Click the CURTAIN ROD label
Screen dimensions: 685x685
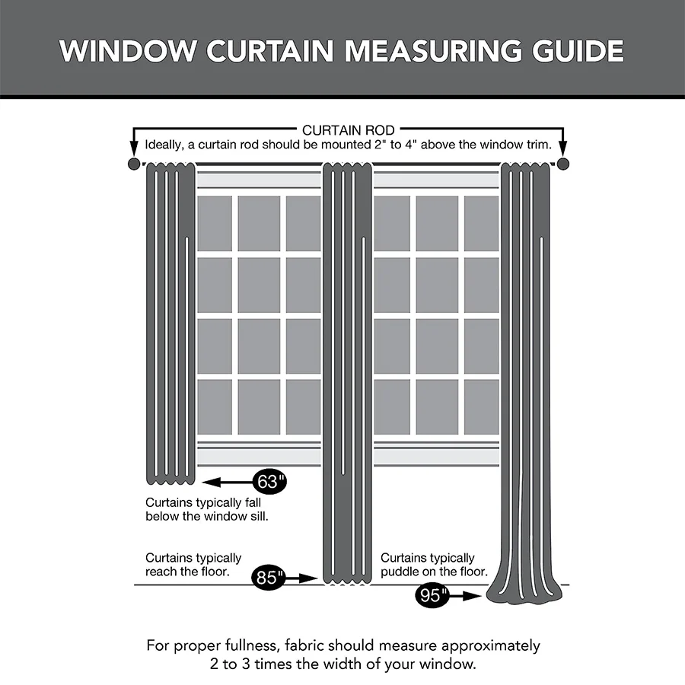click(x=348, y=131)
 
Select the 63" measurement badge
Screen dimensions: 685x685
click(x=269, y=482)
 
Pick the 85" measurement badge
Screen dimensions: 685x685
click(x=268, y=578)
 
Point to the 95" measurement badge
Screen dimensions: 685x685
click(x=431, y=595)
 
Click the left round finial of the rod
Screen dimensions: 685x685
click(x=134, y=164)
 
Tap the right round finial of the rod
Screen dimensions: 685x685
click(x=563, y=164)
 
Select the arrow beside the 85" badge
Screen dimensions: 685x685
click(x=303, y=578)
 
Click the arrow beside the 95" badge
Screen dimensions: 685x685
click(x=465, y=596)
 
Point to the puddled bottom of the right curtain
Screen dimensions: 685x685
click(x=527, y=594)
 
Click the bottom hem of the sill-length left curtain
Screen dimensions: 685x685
click(x=170, y=480)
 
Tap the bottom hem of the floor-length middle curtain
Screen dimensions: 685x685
click(x=347, y=581)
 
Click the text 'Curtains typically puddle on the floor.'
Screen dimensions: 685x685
click(x=434, y=565)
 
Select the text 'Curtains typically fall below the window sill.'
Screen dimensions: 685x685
click(x=206, y=509)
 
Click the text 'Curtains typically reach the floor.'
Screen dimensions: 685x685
click(x=193, y=565)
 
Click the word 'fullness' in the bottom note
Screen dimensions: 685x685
click(x=248, y=645)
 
